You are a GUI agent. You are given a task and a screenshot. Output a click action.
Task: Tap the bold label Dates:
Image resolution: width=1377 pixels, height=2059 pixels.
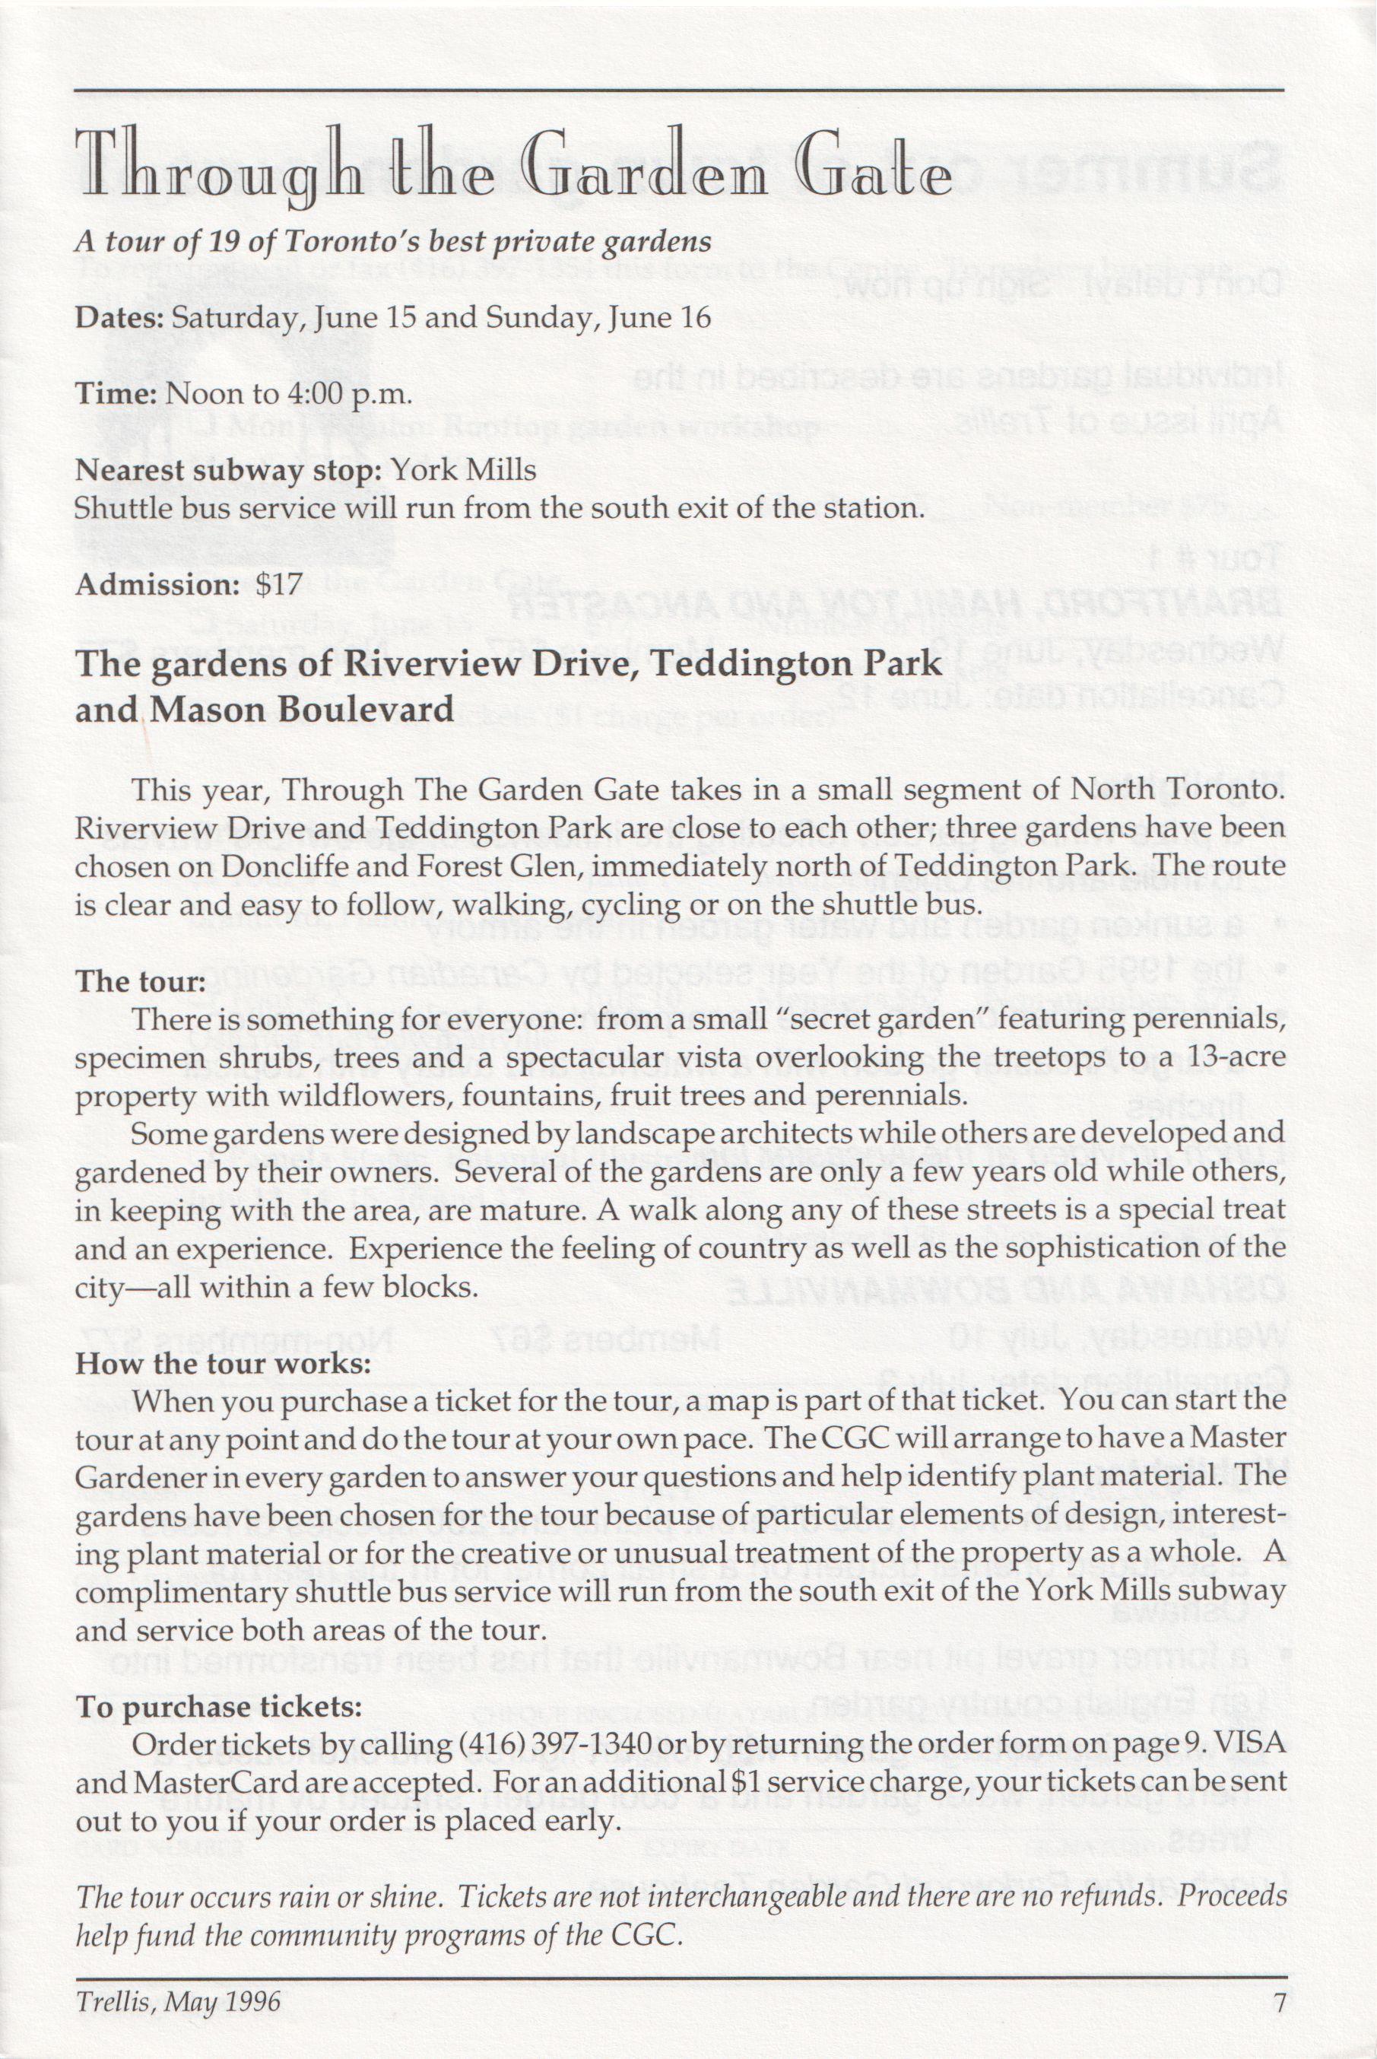pyautogui.click(x=119, y=317)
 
